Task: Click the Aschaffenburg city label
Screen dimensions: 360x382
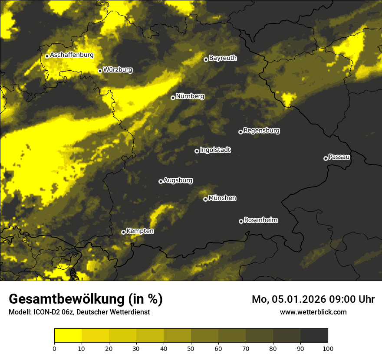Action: click(x=72, y=55)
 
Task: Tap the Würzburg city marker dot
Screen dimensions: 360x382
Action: click(x=100, y=71)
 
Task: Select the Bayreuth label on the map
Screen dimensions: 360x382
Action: click(x=223, y=58)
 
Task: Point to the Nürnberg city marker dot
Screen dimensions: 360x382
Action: click(x=173, y=98)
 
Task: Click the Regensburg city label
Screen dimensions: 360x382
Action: click(x=261, y=130)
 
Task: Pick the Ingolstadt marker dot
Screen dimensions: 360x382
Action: click(x=197, y=151)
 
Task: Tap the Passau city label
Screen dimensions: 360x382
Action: click(x=339, y=157)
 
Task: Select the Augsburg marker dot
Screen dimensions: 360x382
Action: click(x=161, y=181)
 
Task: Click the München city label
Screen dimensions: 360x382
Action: click(x=222, y=198)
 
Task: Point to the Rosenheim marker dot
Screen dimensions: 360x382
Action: click(x=241, y=221)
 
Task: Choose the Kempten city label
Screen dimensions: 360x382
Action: click(x=140, y=231)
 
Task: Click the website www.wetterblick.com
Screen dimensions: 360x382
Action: click(x=313, y=312)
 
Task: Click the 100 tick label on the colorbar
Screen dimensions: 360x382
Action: click(x=328, y=348)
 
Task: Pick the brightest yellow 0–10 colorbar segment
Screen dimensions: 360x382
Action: click(x=68, y=336)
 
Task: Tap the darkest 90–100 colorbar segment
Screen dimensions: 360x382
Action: click(x=314, y=336)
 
